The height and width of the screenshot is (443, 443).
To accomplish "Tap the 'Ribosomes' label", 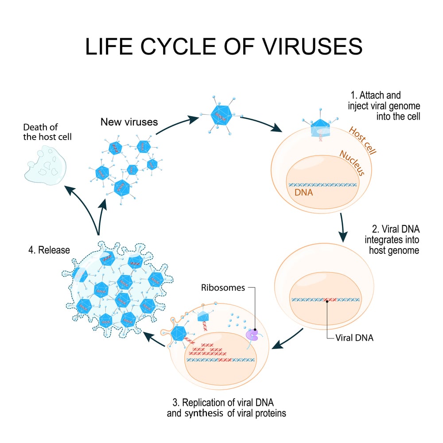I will click(222, 288).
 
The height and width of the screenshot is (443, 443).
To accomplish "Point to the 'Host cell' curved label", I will click(362, 141).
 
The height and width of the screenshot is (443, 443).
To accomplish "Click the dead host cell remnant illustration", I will click(45, 166).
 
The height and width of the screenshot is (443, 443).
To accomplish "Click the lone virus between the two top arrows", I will click(220, 116).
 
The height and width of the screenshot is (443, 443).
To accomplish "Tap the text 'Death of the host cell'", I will click(47, 132).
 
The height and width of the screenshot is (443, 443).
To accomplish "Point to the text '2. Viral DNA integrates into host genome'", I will click(392, 240).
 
